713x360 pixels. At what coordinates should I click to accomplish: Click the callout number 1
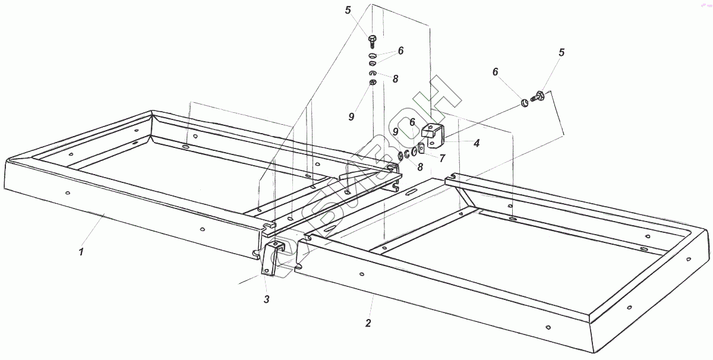pyautogui.click(x=81, y=251)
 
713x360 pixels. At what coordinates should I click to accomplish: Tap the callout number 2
pyautogui.click(x=368, y=323)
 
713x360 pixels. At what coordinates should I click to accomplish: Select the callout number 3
pyautogui.click(x=267, y=299)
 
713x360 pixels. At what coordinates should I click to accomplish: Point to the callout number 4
pyautogui.click(x=477, y=143)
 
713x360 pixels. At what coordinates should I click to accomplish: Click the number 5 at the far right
pyautogui.click(x=561, y=53)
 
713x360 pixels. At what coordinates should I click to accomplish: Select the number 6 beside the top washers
pyautogui.click(x=401, y=51)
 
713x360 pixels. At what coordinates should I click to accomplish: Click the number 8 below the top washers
pyautogui.click(x=395, y=78)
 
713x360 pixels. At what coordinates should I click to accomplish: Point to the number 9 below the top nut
pyautogui.click(x=352, y=116)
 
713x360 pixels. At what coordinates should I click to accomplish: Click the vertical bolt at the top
pyautogui.click(x=372, y=41)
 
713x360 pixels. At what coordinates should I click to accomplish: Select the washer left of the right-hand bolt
pyautogui.click(x=525, y=104)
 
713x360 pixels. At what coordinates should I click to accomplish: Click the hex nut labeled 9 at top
pyautogui.click(x=372, y=82)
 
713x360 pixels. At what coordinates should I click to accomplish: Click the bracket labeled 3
pyautogui.click(x=272, y=257)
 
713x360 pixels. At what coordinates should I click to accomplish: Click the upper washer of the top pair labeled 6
pyautogui.click(x=373, y=56)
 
